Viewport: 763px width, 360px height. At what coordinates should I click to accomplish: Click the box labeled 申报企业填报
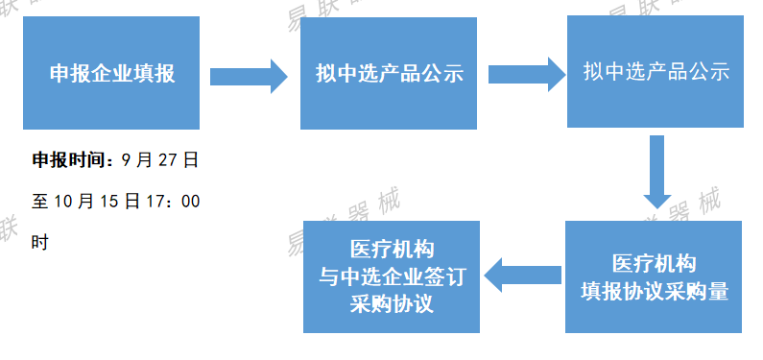[111, 73]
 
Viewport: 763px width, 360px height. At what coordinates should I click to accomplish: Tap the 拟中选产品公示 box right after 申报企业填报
[389, 73]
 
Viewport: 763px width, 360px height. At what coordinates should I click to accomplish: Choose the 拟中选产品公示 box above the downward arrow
[656, 72]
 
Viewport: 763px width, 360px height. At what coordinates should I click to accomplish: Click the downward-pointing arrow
[656, 171]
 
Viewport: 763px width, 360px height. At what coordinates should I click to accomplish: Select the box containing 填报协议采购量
[655, 277]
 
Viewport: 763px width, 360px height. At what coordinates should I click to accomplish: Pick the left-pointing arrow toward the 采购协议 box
[522, 276]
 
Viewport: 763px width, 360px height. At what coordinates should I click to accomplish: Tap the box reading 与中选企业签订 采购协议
[392, 276]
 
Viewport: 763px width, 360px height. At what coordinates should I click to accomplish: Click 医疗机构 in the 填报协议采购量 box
[655, 264]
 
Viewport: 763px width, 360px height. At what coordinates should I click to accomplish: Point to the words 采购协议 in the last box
[392, 304]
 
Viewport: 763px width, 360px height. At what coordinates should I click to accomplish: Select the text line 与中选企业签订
[392, 277]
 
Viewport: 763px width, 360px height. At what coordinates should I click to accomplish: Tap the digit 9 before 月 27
[129, 160]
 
